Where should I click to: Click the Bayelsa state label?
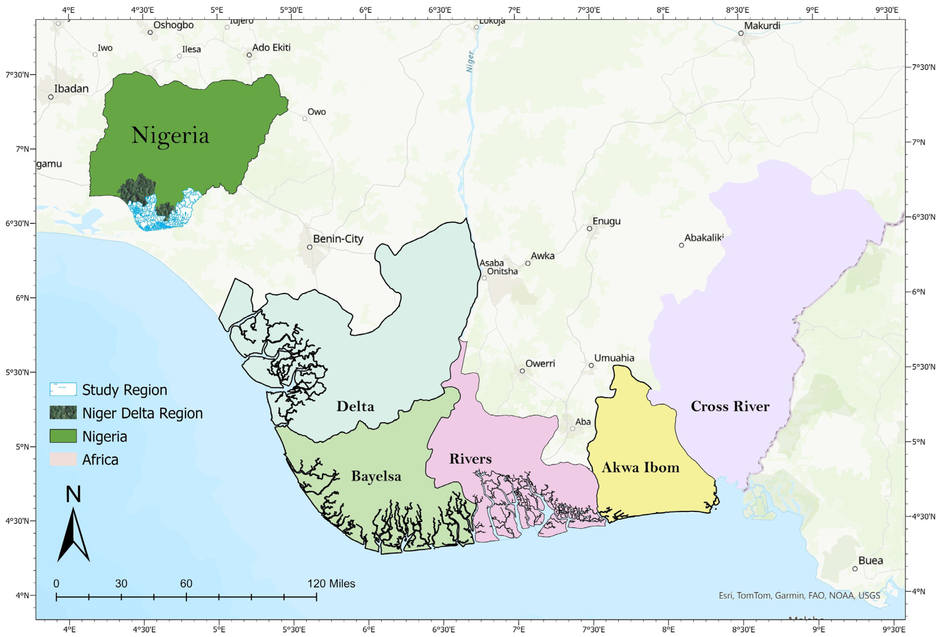[376, 476]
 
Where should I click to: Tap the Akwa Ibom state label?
[640, 468]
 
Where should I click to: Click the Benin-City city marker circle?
[309, 247]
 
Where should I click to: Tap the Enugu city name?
[606, 221]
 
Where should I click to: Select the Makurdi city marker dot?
[741, 33]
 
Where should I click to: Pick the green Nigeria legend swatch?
[63, 436]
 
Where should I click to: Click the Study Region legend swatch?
[63, 389]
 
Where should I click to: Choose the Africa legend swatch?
[63, 459]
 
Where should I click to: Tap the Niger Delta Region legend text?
[142, 413]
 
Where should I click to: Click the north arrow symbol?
[73, 533]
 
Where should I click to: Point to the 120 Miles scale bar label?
[331, 583]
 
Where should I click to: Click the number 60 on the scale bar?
[186, 583]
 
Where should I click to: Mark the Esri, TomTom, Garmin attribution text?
[799, 595]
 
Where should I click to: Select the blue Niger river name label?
[470, 62]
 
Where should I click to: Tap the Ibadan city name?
[71, 89]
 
